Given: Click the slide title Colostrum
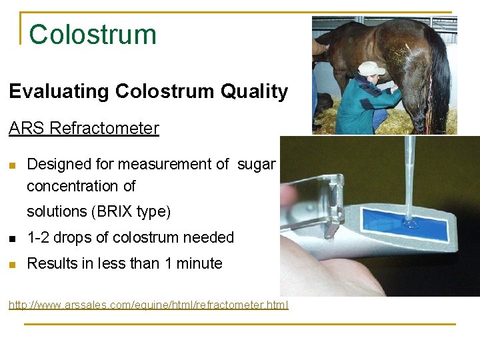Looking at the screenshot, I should point(93,35).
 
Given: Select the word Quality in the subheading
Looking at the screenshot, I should point(257,92).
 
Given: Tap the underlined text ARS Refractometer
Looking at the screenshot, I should point(84,128).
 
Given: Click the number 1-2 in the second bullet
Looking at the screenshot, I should point(38,238).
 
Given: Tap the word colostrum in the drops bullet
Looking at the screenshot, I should point(143,238).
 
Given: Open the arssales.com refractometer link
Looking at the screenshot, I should point(148,305).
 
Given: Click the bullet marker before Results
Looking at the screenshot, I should point(13,264).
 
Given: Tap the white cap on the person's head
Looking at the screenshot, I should point(371,67).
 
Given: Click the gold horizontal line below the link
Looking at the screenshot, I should point(240,325).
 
